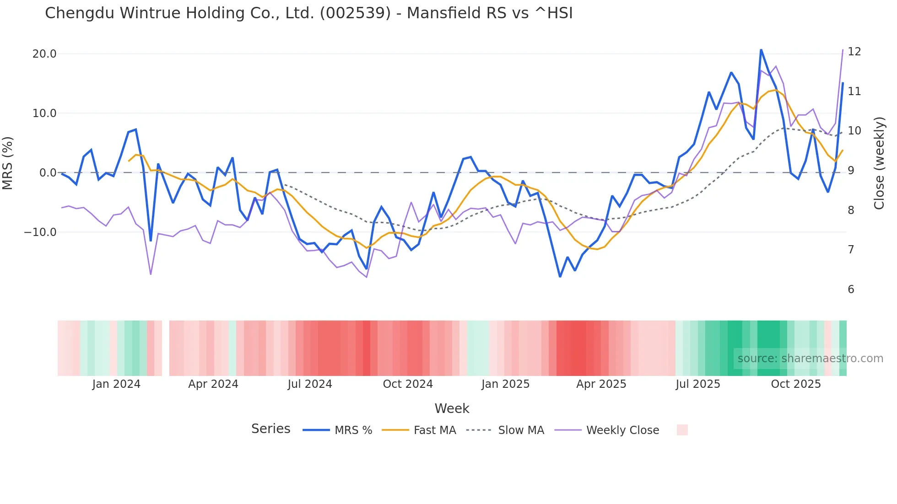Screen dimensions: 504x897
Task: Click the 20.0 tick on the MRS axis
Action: (x=44, y=54)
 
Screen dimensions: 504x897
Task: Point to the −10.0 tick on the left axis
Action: (x=40, y=232)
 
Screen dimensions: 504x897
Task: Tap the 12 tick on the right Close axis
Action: (x=854, y=52)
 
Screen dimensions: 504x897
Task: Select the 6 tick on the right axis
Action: (x=851, y=290)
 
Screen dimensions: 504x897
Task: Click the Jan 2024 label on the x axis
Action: (x=116, y=384)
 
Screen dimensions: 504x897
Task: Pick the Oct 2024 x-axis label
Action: (x=407, y=384)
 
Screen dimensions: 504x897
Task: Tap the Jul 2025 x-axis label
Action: (x=697, y=384)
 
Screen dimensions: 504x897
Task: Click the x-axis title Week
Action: (x=452, y=408)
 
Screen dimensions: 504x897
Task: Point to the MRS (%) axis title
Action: (x=8, y=163)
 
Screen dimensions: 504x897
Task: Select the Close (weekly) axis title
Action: (x=879, y=163)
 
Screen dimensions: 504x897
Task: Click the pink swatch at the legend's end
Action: (x=682, y=430)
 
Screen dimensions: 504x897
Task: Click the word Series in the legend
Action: (x=270, y=429)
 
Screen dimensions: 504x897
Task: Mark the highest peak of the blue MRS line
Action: (x=761, y=50)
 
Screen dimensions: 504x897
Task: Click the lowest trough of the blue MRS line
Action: (x=560, y=276)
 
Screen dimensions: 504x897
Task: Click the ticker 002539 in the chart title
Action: (x=355, y=13)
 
